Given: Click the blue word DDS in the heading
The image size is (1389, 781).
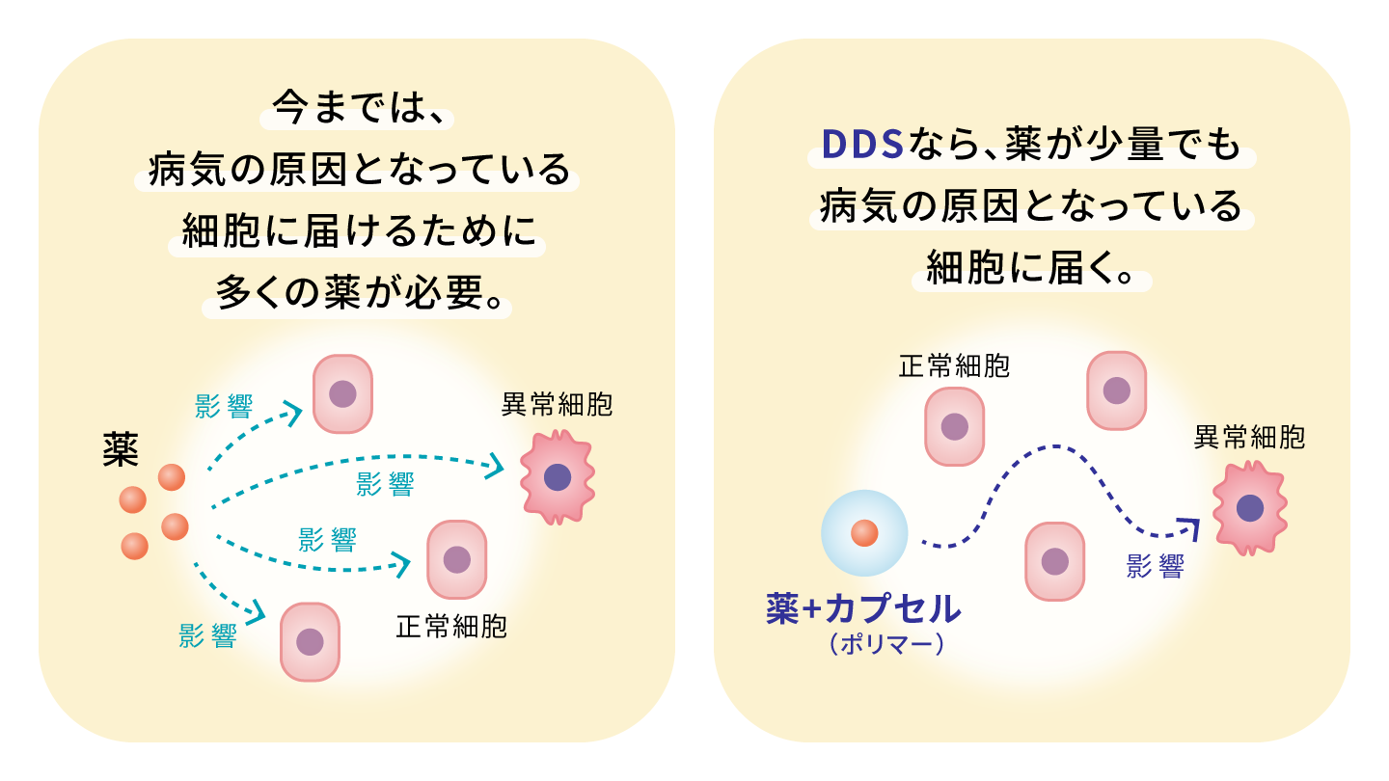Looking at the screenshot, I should point(861,146).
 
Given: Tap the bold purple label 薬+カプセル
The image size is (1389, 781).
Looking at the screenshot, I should point(863,608).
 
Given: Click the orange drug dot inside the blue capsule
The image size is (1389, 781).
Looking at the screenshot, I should point(864,531).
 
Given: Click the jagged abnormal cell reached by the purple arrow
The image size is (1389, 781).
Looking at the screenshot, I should point(1250,508).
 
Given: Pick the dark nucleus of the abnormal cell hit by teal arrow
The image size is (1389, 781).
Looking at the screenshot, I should point(557,477).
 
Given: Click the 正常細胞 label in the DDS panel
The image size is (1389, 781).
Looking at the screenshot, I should point(954,367).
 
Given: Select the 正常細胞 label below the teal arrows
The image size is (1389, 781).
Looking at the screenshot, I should point(451,628).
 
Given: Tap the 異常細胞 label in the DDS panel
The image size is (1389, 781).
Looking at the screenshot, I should point(1249,438).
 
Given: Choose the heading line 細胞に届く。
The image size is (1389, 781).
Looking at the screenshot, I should point(1031,267).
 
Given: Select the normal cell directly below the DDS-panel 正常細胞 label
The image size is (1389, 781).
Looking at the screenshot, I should point(954,426).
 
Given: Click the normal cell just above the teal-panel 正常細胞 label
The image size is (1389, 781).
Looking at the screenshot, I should point(456,559).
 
